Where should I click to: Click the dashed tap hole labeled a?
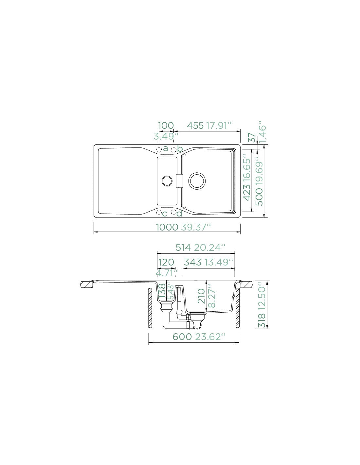click(x=159, y=150)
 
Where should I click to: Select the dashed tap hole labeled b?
click(x=174, y=150)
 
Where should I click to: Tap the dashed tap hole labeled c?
click(x=159, y=213)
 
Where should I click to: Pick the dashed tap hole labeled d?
click(x=174, y=213)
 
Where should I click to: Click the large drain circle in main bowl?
click(x=197, y=181)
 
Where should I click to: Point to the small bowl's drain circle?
click(x=167, y=181)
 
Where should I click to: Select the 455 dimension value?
click(x=195, y=126)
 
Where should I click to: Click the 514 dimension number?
click(x=183, y=248)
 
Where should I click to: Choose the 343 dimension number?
click(x=192, y=262)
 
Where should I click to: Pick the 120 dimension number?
click(x=166, y=262)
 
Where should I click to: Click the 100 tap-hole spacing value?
click(x=166, y=126)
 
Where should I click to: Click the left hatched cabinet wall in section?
click(x=150, y=308)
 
